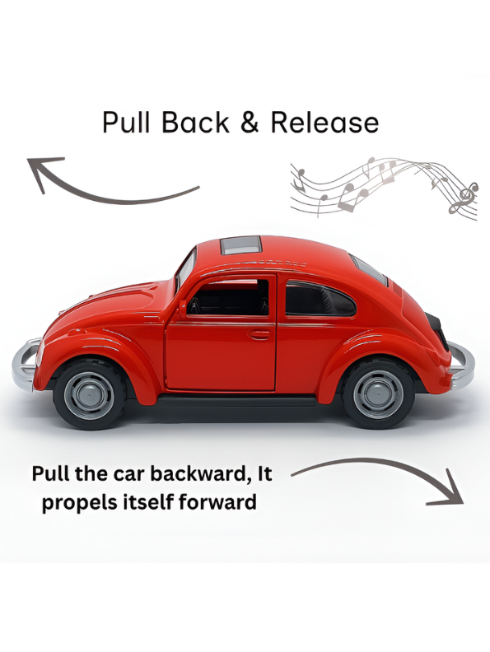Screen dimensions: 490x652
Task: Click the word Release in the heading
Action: (324, 122)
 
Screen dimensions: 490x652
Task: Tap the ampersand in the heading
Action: (250, 123)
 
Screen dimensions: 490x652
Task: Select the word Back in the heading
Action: (195, 122)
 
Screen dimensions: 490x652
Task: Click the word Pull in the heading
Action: (126, 122)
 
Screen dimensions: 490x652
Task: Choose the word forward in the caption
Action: (217, 501)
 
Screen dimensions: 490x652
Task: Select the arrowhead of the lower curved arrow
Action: (450, 491)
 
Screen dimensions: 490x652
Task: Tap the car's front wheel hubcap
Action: (89, 395)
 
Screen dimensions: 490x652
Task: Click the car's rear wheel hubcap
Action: (378, 394)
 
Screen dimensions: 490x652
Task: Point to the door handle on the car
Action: (260, 334)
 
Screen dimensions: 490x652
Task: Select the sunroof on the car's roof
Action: (240, 245)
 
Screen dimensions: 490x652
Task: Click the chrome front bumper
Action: (26, 364)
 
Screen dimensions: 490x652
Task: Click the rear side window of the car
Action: (319, 299)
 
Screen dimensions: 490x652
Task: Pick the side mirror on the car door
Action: (182, 309)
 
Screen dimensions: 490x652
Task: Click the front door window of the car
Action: (228, 297)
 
